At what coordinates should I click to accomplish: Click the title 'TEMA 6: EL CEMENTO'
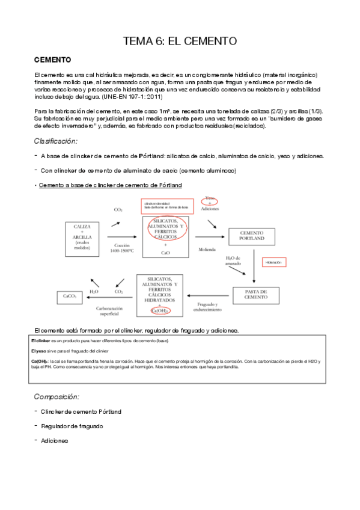[x=180, y=41]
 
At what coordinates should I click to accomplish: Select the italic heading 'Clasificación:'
[x=56, y=141]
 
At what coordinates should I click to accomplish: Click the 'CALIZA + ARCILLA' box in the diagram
[x=82, y=231]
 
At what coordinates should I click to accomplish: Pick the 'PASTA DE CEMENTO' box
[x=257, y=295]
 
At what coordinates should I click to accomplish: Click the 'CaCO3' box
[x=69, y=296]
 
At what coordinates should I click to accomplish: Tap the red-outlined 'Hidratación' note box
[x=282, y=263]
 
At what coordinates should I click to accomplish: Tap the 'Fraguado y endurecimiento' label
[x=206, y=307]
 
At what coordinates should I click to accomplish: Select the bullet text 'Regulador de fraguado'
[x=72, y=426]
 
